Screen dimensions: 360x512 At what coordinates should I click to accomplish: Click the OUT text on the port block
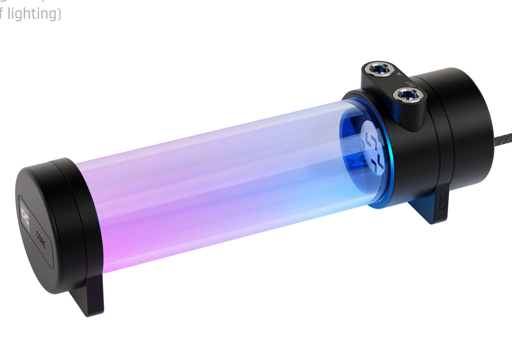coord(410,83)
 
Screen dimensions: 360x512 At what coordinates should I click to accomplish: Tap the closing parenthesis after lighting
coord(58,14)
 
